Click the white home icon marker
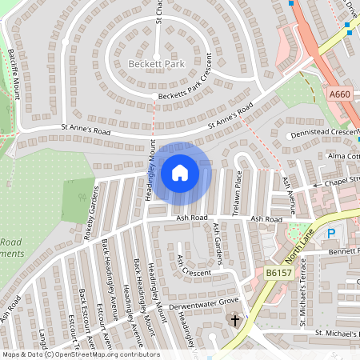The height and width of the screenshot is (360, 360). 180,172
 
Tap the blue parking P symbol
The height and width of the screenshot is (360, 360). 332,234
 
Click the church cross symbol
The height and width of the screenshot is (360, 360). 236,321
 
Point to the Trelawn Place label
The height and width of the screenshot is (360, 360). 238,193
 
